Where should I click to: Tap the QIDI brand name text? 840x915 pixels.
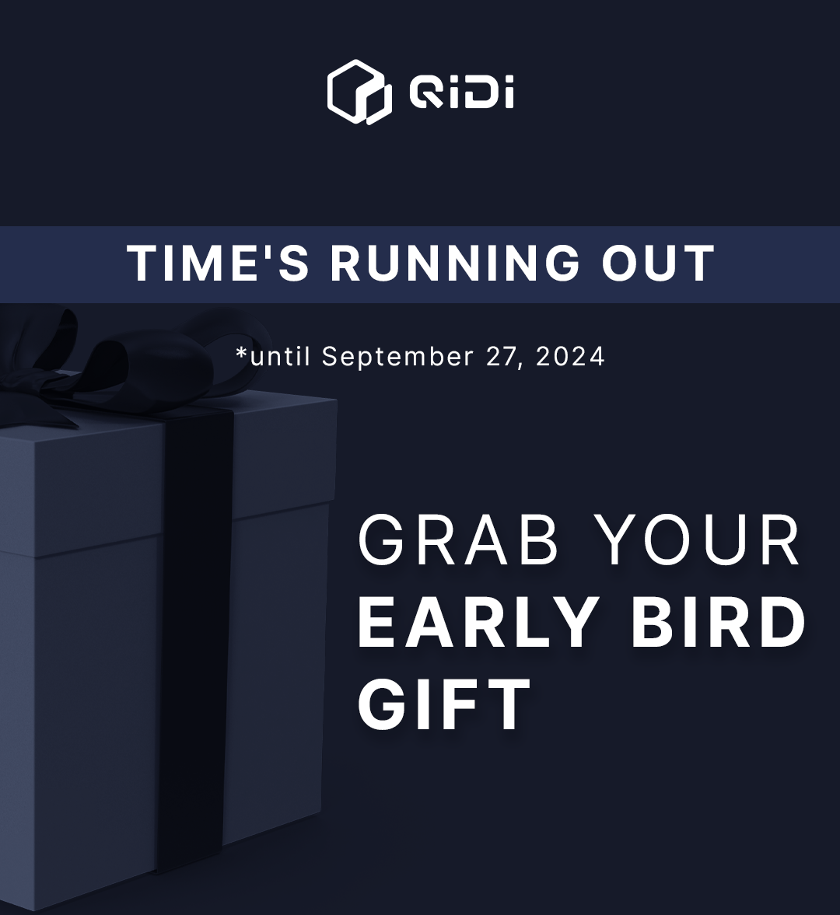461,93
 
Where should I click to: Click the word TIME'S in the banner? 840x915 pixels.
218,264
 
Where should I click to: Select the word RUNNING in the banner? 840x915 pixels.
455,264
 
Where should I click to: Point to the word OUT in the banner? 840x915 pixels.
658,264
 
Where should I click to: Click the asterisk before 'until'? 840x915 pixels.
242,352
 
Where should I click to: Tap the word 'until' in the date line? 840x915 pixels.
279,356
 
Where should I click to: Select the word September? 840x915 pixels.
397,357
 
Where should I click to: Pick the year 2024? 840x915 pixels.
570,357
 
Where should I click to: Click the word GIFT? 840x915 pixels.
444,704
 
